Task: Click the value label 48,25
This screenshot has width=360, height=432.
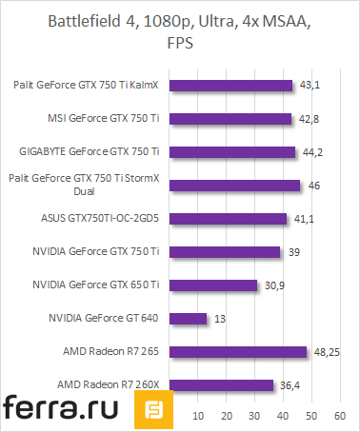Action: point(327,351)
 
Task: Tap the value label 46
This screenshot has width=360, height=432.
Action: point(314,186)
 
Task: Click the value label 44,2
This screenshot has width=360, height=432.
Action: point(313,152)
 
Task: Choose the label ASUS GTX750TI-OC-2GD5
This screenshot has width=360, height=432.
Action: point(107,218)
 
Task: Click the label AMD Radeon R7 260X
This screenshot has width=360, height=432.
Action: point(111,383)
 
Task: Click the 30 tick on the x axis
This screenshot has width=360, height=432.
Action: point(255,416)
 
